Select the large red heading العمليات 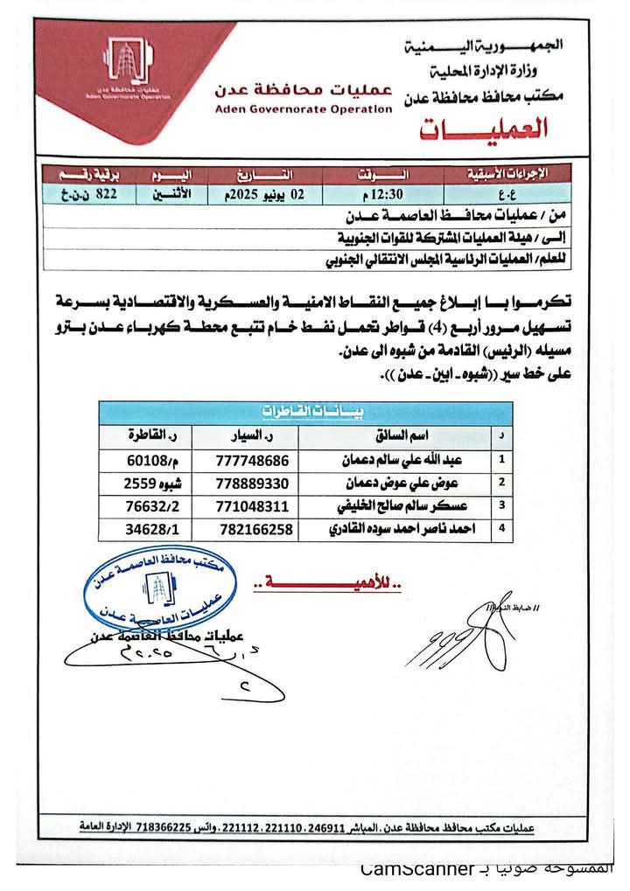click(483, 129)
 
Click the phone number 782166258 click(255, 529)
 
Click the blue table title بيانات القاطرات click(305, 411)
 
